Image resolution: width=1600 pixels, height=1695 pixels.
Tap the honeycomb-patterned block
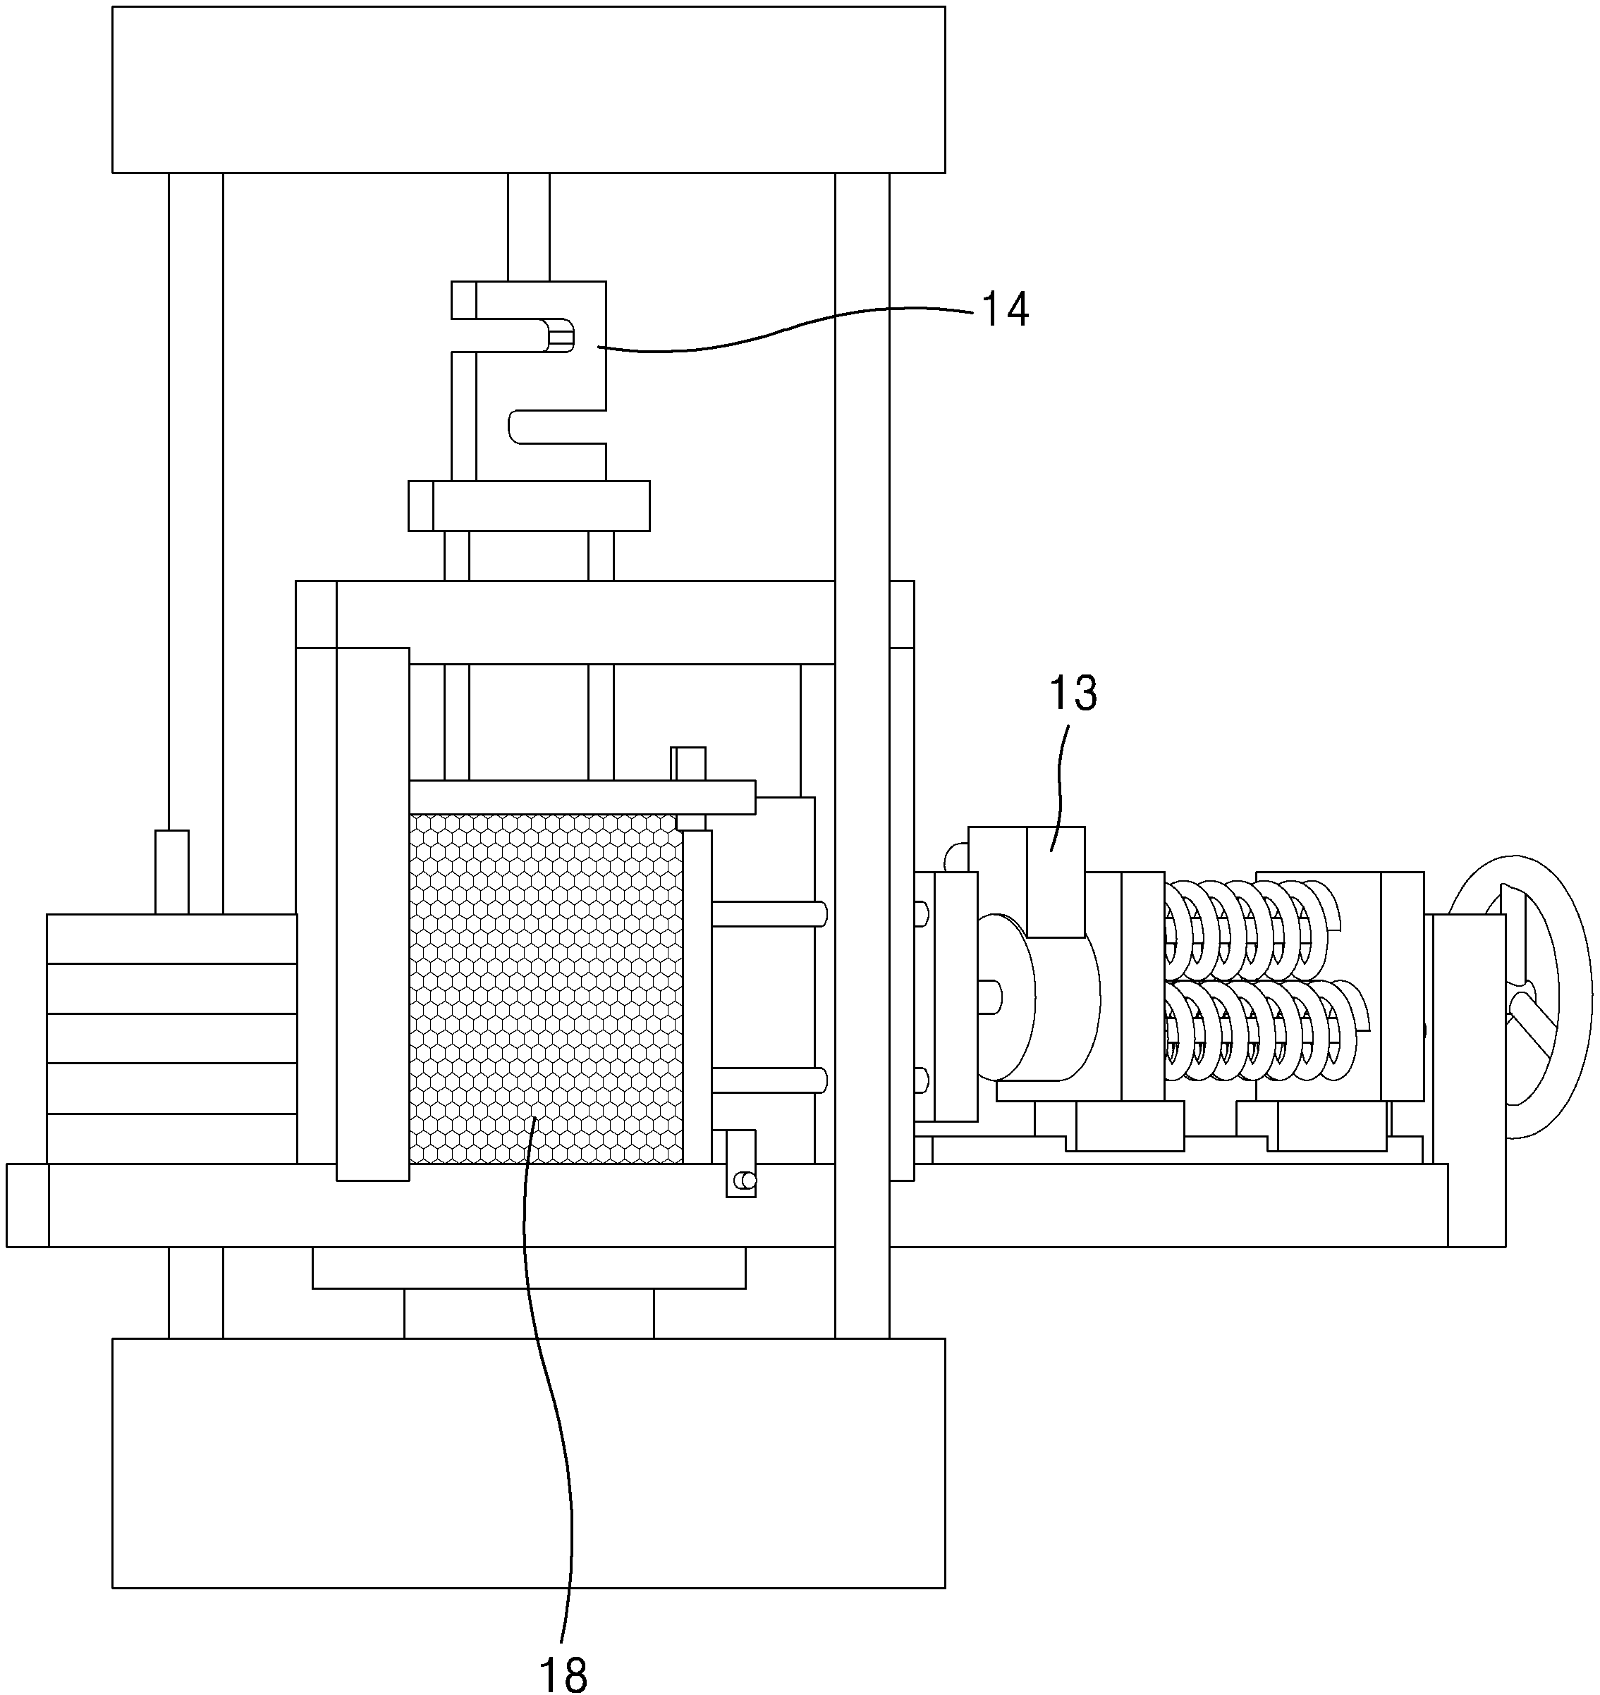point(546,988)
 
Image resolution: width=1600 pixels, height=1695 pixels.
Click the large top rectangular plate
point(529,90)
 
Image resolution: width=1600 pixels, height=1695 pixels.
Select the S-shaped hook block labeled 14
point(529,381)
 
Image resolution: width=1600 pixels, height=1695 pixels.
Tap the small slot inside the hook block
point(559,334)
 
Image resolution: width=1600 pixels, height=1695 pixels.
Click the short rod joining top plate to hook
point(529,227)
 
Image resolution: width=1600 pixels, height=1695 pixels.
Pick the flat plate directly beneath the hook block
point(529,505)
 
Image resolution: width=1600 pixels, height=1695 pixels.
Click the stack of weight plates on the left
point(171,1038)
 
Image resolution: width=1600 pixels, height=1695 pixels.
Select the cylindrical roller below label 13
point(1041,997)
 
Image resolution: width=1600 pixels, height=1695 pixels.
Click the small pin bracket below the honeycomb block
point(741,1163)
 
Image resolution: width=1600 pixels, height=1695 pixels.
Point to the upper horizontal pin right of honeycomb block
point(769,915)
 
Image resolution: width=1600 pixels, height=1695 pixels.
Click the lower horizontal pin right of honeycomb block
point(769,1081)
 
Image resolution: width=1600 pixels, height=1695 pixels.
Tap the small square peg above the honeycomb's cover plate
point(688,763)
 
